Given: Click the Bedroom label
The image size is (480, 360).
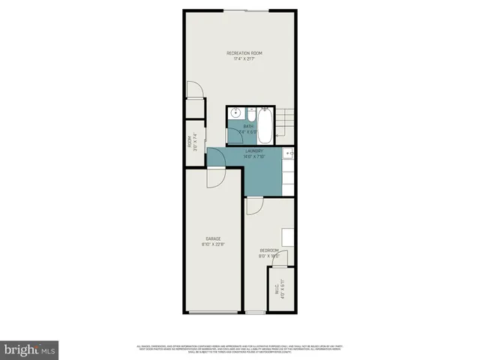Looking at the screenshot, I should (x=269, y=250).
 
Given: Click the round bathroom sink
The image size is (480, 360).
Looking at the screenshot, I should (x=235, y=113).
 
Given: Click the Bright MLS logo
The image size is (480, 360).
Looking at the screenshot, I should (x=30, y=349).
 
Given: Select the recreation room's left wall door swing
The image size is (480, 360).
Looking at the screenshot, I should (x=195, y=89).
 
